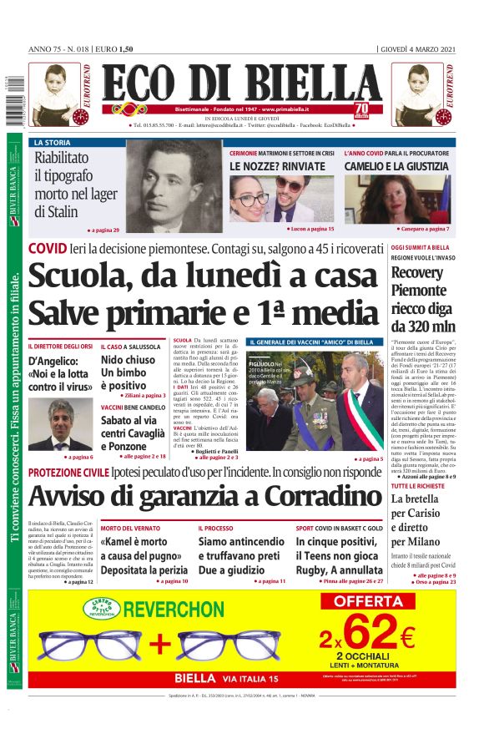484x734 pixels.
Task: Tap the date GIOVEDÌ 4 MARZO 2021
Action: pos(418,48)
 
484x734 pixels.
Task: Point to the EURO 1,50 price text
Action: pos(116,48)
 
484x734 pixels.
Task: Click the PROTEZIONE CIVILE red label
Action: pos(68,473)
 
